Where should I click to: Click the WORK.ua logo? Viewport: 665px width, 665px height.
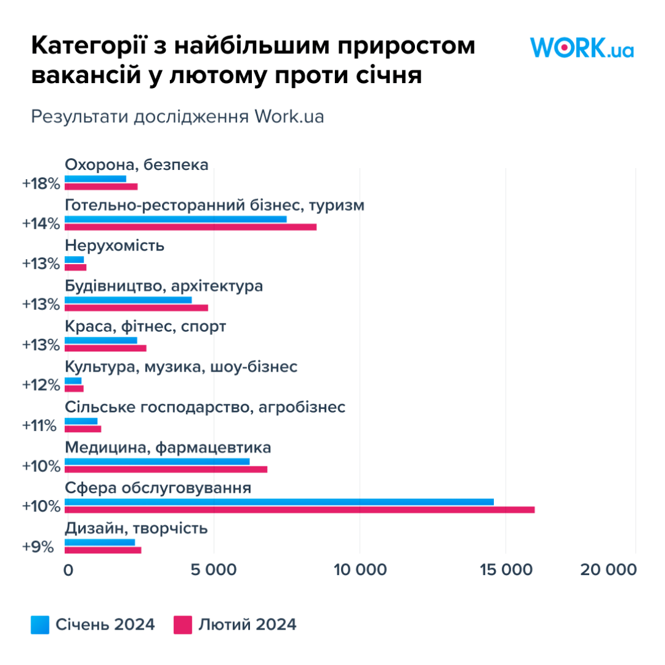click(x=581, y=48)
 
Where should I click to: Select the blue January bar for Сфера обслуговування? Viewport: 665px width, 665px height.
click(x=279, y=502)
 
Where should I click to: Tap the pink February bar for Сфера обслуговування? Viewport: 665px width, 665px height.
click(x=299, y=510)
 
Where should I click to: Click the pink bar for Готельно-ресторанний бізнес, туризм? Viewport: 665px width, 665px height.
click(x=190, y=227)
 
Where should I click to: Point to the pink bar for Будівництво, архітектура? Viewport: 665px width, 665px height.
click(x=136, y=307)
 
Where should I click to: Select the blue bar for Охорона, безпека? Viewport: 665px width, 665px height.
click(x=95, y=178)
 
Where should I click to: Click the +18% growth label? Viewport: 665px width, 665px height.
click(x=41, y=183)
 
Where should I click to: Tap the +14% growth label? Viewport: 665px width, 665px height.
click(x=41, y=224)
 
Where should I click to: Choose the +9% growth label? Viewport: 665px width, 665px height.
click(x=38, y=546)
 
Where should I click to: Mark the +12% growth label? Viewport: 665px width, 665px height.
click(x=41, y=385)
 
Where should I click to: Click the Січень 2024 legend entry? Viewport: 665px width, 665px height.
click(x=92, y=625)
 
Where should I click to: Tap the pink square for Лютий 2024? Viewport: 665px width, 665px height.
click(x=183, y=625)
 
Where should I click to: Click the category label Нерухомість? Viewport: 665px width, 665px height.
click(x=114, y=246)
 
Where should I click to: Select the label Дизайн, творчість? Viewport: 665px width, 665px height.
click(x=136, y=528)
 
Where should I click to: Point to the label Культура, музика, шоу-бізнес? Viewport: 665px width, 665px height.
click(x=181, y=367)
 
